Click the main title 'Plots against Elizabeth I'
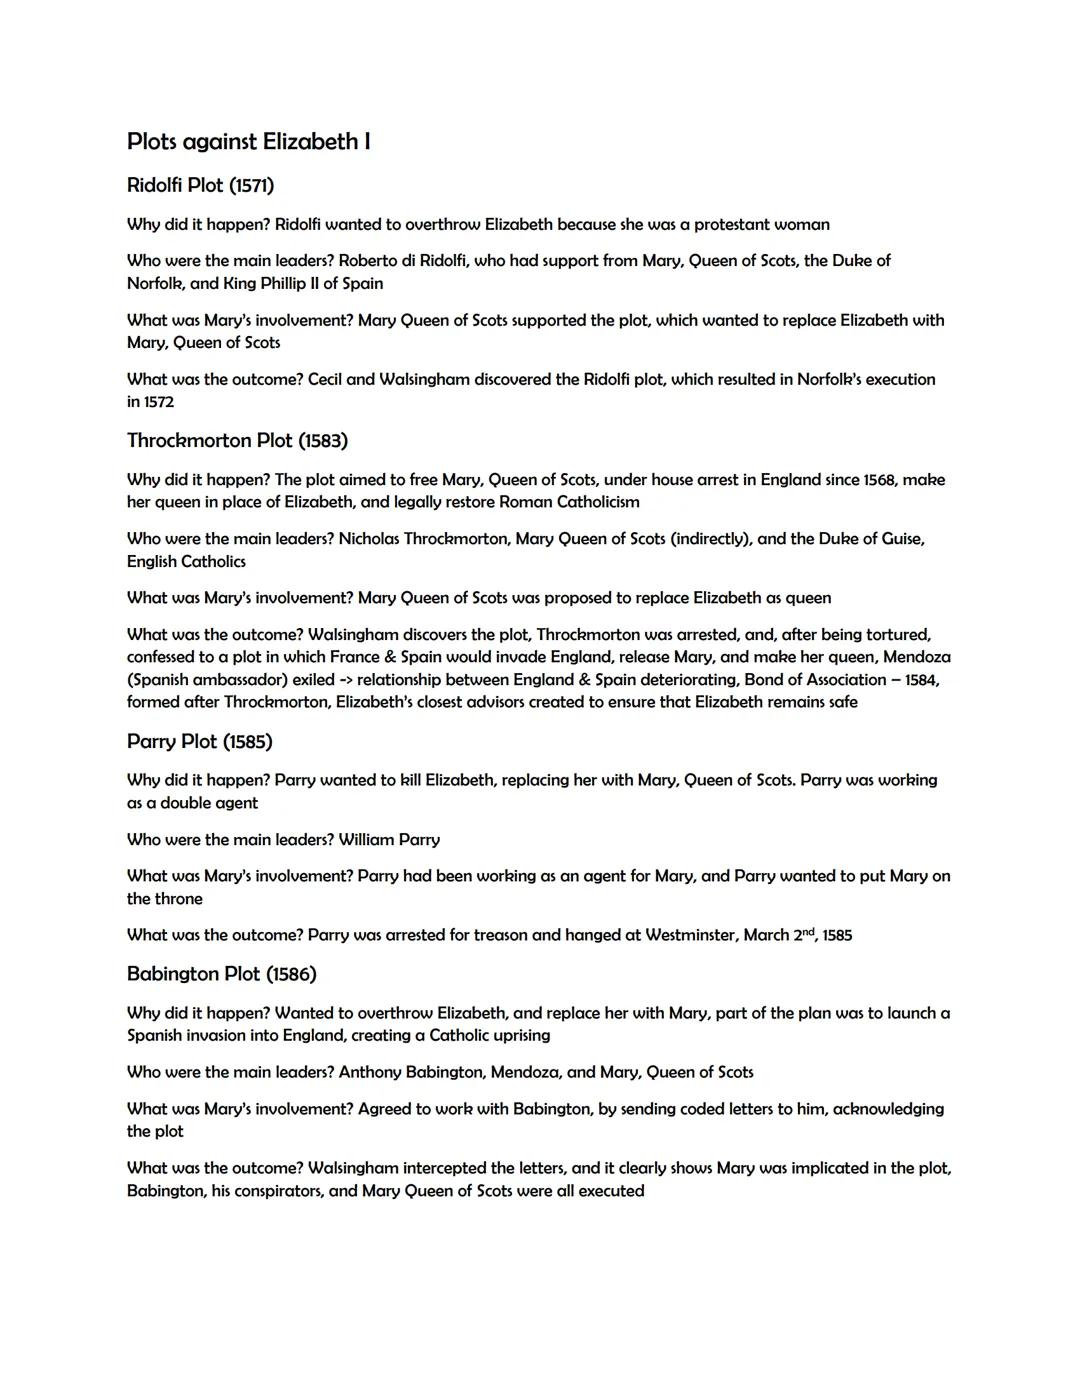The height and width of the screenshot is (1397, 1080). (x=248, y=142)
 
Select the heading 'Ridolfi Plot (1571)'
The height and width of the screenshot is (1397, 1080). (x=200, y=186)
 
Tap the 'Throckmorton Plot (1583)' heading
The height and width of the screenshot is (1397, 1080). (x=237, y=441)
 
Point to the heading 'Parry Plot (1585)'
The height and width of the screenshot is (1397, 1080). (x=199, y=742)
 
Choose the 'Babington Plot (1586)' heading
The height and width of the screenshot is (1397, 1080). (x=221, y=974)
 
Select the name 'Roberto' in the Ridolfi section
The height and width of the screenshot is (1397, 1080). (x=371, y=261)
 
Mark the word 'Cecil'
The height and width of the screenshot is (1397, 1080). (x=328, y=380)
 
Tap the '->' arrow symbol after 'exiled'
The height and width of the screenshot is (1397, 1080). (x=347, y=680)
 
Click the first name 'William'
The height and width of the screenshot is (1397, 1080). (x=366, y=840)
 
